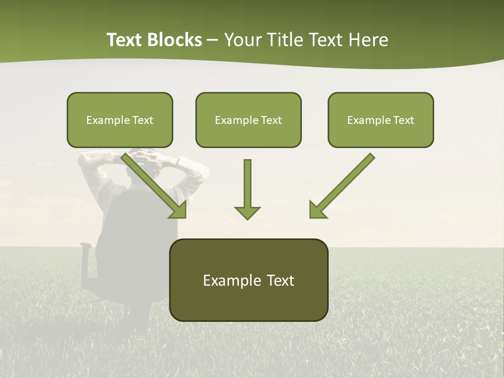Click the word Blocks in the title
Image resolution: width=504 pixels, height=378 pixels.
click(x=175, y=40)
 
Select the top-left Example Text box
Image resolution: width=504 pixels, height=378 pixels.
click(x=120, y=120)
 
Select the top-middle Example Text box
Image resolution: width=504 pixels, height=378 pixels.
click(x=248, y=120)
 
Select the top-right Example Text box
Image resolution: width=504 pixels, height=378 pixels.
click(x=381, y=120)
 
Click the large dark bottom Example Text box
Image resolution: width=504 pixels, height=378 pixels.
click(x=248, y=280)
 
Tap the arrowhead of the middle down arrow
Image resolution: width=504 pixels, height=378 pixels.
click(x=247, y=212)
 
